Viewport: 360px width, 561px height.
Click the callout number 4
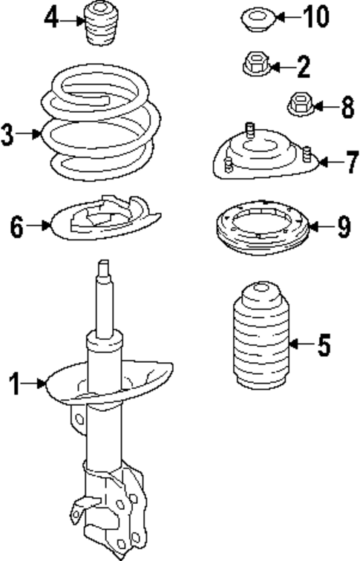click(x=51, y=19)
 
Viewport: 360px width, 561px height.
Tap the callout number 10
click(x=315, y=17)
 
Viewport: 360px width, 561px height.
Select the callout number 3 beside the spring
click(x=7, y=134)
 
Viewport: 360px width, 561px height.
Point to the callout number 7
click(x=352, y=162)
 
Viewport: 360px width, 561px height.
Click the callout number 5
click(x=324, y=344)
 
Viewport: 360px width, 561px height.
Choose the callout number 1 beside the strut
click(x=15, y=384)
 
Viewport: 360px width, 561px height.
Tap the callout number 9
click(x=343, y=227)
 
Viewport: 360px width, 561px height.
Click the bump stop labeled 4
click(x=102, y=24)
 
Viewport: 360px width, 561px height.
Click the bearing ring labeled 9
click(x=262, y=228)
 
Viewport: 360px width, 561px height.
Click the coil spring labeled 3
click(x=101, y=122)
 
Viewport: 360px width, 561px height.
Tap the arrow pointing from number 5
click(x=301, y=344)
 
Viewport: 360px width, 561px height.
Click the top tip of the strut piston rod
click(x=104, y=261)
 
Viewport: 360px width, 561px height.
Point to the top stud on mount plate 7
click(x=250, y=130)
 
